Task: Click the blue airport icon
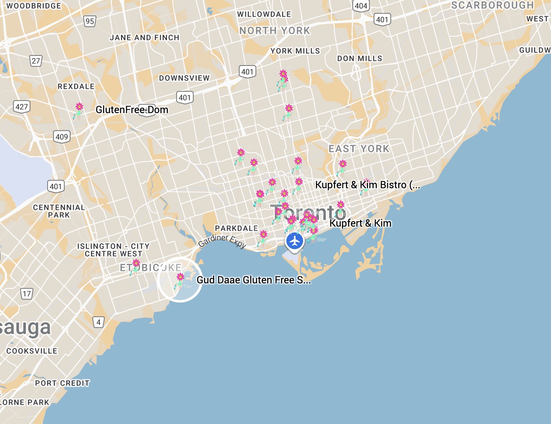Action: pos(295,241)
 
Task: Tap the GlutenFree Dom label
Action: pos(132,110)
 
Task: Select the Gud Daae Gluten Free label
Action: pos(253,280)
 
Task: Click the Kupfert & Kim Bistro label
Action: pos(367,185)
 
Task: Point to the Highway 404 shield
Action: pos(361,6)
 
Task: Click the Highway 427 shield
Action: pos(22,106)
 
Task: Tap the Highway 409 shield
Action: pos(62,136)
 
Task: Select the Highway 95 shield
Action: pos(90,21)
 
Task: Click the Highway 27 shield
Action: pos(36,61)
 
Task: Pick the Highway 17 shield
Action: pos(27,294)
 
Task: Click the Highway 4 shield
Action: pos(99,322)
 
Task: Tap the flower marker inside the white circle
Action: pos(180,280)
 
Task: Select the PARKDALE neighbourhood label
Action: pos(236,228)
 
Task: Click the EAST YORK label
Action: pos(359,149)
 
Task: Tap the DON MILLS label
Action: pos(359,58)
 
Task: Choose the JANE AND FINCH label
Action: pos(144,38)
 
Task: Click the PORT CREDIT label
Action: pos(62,383)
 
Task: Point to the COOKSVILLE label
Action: pos(32,351)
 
